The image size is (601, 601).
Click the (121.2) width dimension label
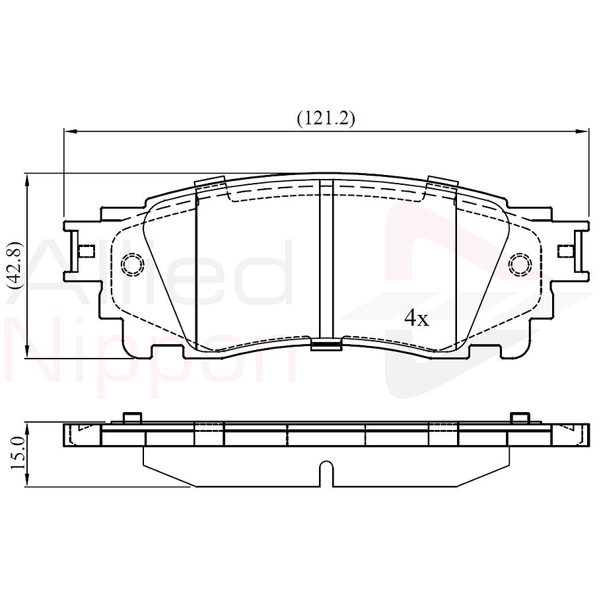(326, 118)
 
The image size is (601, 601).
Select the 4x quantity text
(417, 319)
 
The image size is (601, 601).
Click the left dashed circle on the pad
(133, 264)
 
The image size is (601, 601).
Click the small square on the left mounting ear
(86, 251)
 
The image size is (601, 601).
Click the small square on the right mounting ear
(565, 251)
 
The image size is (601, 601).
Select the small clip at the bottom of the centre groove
(326, 343)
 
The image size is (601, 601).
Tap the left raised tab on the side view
(133, 417)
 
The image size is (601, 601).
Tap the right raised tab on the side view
(519, 417)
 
